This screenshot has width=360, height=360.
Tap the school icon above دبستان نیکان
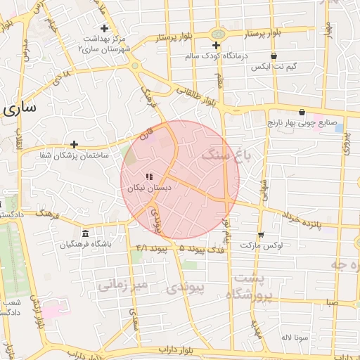click(x=148, y=176)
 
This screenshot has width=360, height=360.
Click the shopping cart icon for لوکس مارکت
click(x=261, y=235)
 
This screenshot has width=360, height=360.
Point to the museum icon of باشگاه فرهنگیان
click(x=86, y=233)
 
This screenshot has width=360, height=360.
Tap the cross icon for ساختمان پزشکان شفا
click(x=74, y=144)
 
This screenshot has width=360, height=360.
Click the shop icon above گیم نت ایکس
click(x=274, y=56)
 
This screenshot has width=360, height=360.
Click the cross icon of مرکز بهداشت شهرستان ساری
click(x=105, y=29)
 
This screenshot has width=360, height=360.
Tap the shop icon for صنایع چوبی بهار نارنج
click(x=302, y=112)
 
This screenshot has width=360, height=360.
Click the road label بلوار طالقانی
click(x=191, y=96)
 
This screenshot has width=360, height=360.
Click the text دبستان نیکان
click(x=148, y=188)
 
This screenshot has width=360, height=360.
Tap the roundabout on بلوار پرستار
click(x=218, y=34)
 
